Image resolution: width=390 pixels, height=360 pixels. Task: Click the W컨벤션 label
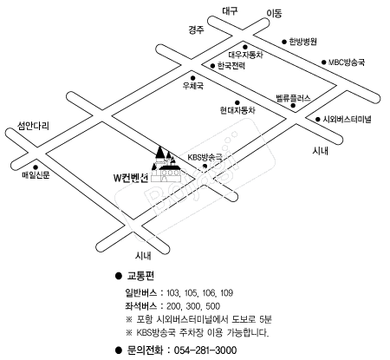131,178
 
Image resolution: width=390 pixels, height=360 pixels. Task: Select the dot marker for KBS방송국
205,166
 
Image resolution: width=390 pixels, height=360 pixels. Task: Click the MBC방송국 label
347,62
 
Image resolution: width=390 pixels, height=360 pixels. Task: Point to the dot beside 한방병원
284,42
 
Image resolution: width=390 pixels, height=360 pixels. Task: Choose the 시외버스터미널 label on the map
347,119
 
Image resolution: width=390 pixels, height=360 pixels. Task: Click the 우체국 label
193,86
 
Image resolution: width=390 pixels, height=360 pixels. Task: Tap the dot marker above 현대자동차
237,102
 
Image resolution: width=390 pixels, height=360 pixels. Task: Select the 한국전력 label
231,66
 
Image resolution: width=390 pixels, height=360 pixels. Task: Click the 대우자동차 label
245,55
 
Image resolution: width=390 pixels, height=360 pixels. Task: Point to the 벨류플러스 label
293,98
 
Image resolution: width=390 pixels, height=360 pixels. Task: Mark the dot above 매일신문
36,167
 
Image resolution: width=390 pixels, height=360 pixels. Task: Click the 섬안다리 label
33,126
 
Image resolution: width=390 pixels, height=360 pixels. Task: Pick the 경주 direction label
197,29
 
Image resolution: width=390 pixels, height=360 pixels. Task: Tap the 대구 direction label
230,11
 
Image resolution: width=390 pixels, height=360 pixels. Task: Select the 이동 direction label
274,13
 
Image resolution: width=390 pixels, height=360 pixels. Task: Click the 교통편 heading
140,276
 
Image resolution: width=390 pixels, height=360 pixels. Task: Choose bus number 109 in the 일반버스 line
227,293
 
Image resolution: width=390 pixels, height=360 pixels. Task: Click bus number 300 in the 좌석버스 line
192,306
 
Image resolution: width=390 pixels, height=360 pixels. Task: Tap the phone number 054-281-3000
205,350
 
